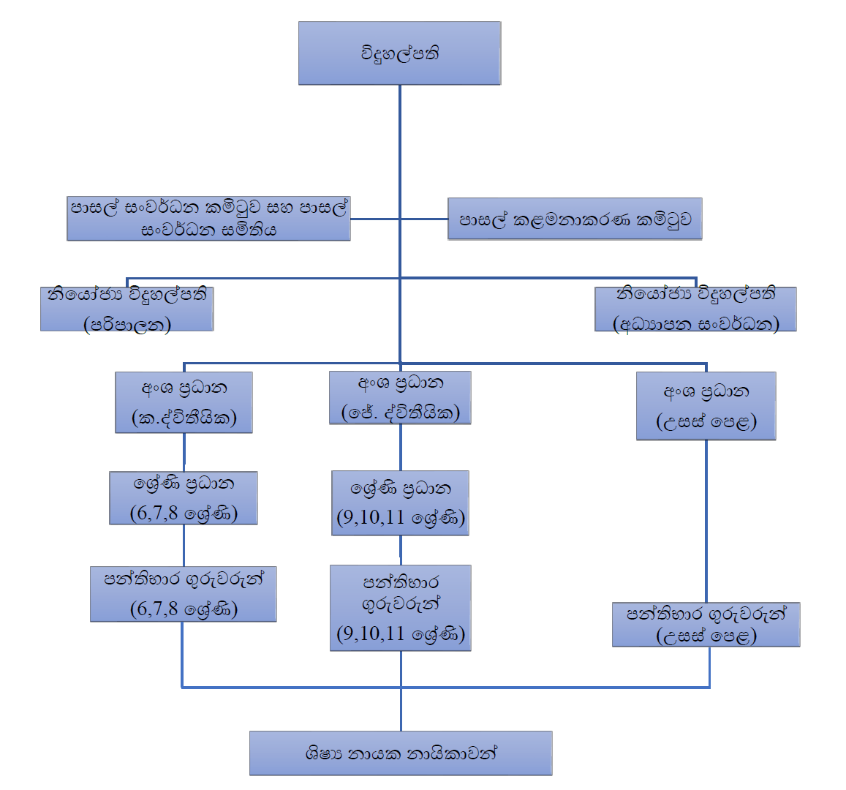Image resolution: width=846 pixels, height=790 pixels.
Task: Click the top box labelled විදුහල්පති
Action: point(399,53)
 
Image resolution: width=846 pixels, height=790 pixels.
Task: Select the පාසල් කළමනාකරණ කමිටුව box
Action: point(575,219)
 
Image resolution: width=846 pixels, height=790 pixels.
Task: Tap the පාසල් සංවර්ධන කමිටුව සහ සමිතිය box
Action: point(208,219)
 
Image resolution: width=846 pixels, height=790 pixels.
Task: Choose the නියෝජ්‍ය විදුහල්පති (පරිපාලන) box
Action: point(127,309)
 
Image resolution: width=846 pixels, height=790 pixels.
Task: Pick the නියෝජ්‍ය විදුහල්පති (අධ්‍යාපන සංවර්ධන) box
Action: point(695,309)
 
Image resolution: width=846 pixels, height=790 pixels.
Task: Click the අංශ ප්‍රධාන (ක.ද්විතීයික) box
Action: point(184,402)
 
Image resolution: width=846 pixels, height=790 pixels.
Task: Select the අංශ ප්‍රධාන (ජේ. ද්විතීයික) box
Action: point(400,398)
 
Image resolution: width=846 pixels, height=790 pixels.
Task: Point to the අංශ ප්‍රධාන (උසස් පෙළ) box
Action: point(706,406)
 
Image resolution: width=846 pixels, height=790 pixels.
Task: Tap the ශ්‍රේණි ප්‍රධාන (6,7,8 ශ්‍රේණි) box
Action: point(184,498)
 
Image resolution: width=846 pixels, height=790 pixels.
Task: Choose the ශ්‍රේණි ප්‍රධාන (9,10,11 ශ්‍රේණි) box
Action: point(400,503)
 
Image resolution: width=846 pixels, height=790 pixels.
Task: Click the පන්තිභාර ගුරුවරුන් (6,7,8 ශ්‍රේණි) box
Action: point(184,594)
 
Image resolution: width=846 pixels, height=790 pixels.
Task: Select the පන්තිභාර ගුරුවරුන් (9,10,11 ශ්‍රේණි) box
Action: point(400,608)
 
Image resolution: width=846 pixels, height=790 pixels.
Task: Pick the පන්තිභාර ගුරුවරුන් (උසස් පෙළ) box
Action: point(706,625)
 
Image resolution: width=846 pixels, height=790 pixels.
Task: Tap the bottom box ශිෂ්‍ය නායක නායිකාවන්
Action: point(401,753)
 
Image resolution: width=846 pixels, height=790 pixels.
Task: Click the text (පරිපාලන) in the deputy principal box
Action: point(127,324)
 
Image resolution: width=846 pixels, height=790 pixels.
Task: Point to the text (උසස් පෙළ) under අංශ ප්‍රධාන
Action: point(706,421)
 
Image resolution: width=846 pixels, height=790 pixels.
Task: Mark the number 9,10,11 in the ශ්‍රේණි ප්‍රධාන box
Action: point(371,518)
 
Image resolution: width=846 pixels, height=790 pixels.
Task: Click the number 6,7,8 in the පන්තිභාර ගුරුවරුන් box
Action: point(154,609)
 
